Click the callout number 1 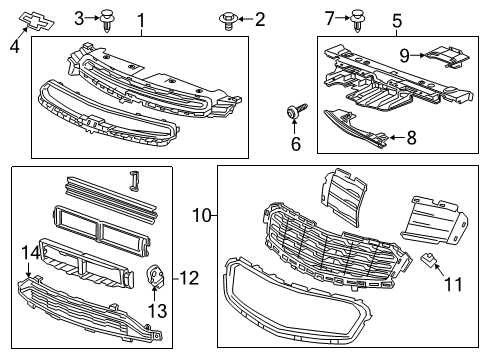(141, 20)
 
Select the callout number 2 (259, 19)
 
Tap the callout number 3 (79, 17)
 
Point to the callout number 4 (14, 44)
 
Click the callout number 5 (397, 20)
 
